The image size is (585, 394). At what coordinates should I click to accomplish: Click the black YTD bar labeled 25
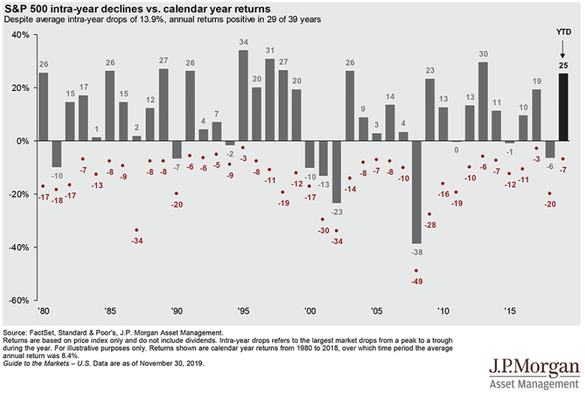click(x=563, y=107)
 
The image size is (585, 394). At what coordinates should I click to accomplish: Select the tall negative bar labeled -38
click(x=416, y=191)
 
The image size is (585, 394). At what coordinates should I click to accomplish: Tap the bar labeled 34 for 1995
click(x=243, y=95)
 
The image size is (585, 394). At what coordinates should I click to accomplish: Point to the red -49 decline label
click(x=416, y=281)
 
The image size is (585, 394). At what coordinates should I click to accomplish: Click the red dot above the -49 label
click(x=416, y=271)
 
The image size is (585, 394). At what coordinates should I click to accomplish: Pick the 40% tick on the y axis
click(x=21, y=35)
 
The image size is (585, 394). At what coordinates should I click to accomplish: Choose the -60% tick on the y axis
click(x=19, y=301)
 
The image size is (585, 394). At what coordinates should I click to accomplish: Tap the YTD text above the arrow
click(x=564, y=32)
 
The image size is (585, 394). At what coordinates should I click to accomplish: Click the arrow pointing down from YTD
click(x=564, y=49)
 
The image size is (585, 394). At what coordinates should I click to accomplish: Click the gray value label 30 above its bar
click(x=483, y=53)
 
